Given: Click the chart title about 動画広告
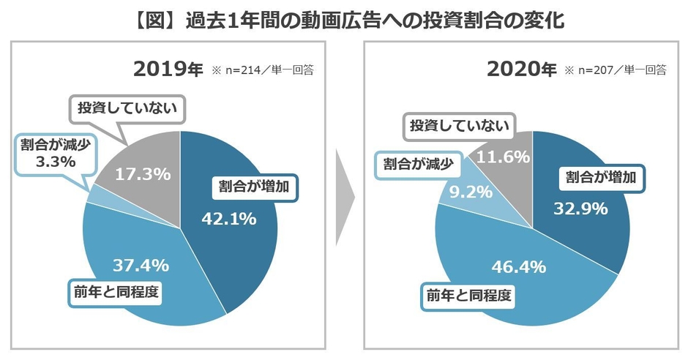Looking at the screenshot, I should pos(344,18).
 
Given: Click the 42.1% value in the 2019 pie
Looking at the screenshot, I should pos(228,217).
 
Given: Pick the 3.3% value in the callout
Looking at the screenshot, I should pos(56,162).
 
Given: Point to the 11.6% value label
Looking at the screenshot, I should pos(504,157).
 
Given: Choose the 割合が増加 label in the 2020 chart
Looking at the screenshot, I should pos(606,176).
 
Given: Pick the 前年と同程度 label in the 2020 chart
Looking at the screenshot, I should pos(471,296).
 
